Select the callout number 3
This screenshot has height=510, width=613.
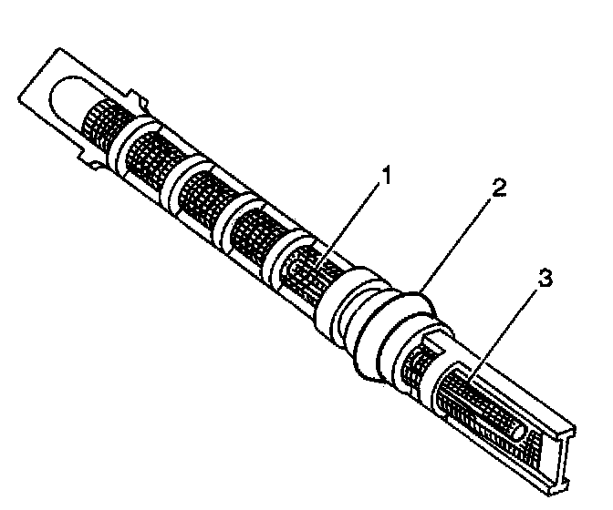tap(545, 280)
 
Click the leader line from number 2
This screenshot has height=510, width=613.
tap(461, 241)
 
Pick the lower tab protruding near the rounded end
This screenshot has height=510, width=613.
tap(86, 161)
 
